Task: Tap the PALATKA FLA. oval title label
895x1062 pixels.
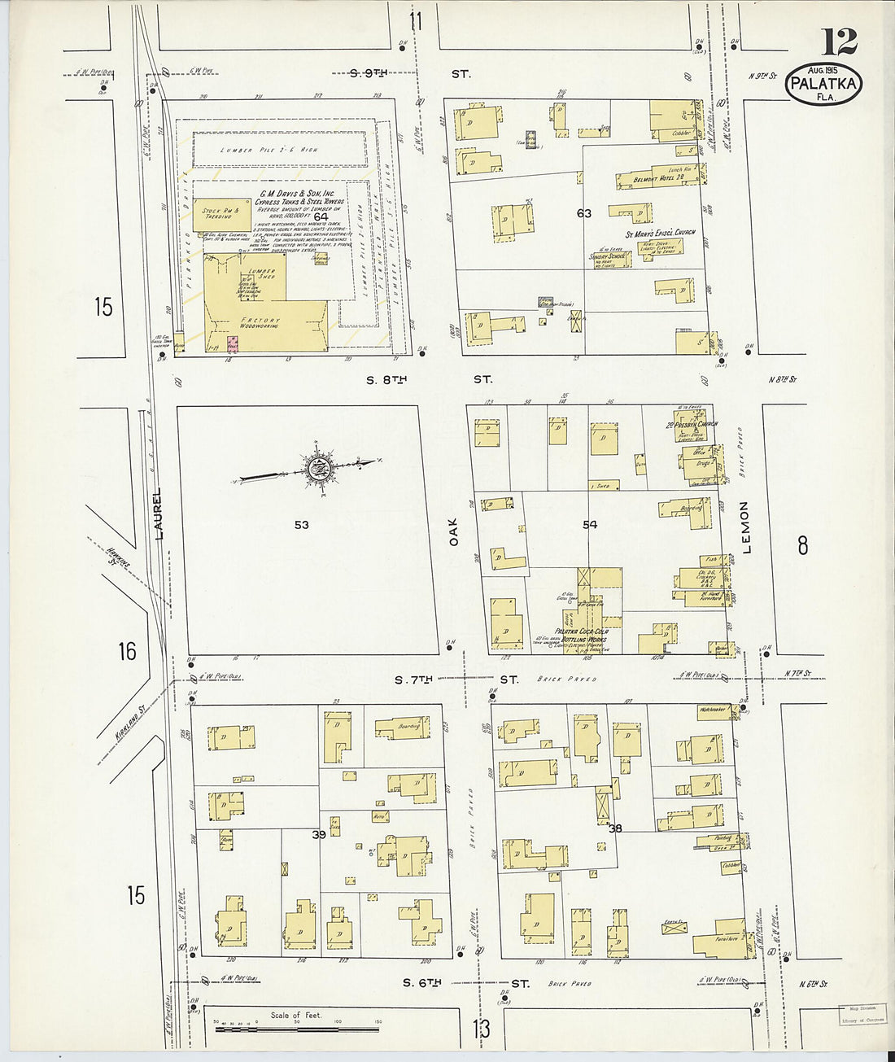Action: (823, 83)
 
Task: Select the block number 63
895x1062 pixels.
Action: (583, 213)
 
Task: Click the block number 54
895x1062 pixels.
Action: (590, 525)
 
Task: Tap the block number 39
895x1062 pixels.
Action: (318, 835)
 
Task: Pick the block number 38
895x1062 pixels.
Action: (614, 828)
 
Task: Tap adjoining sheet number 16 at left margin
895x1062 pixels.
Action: (126, 652)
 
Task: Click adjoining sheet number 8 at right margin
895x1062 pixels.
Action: (802, 546)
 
